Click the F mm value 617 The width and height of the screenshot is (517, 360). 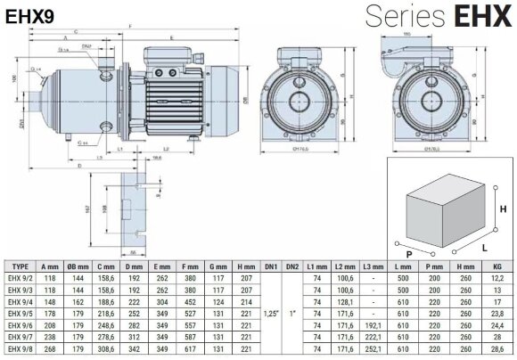click(x=190, y=351)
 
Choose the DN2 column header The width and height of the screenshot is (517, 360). click(x=292, y=266)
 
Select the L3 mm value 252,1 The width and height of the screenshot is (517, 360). click(x=370, y=351)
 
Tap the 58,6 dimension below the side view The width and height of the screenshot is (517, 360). click(x=131, y=157)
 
